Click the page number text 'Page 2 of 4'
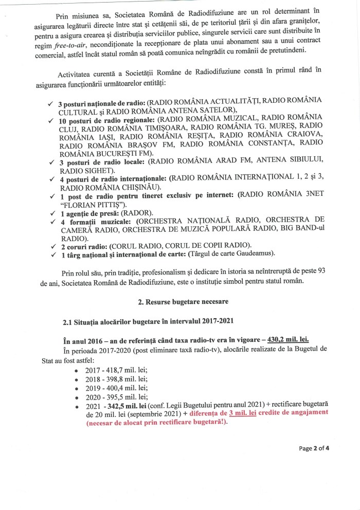314,448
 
